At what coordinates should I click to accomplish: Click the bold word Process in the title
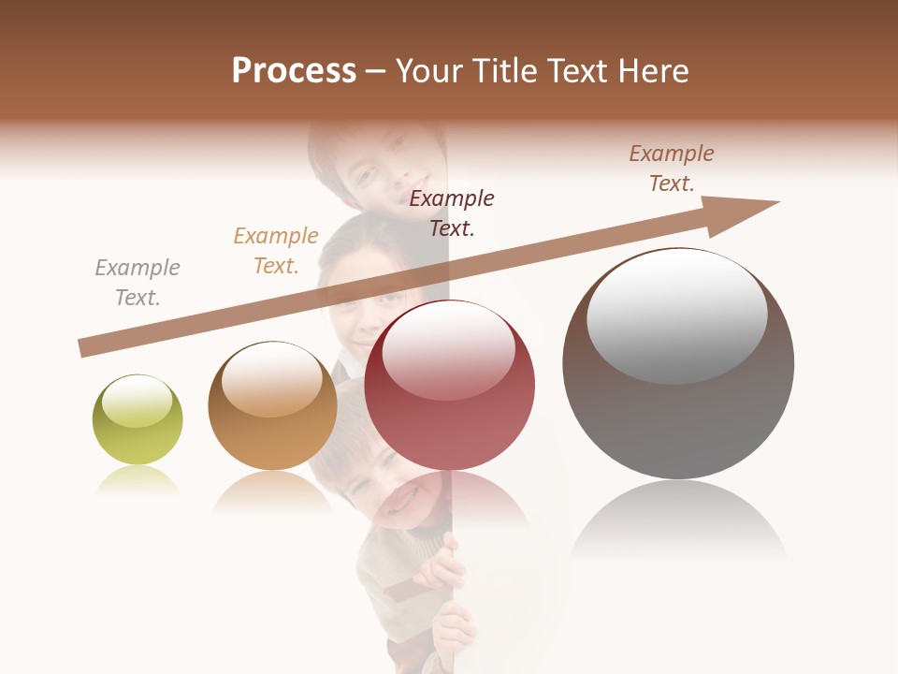pyautogui.click(x=294, y=71)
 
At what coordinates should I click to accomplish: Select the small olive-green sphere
pyautogui.click(x=138, y=419)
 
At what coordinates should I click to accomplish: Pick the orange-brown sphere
pyautogui.click(x=272, y=405)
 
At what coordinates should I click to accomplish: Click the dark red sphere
pyautogui.click(x=449, y=385)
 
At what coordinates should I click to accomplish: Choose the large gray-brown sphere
pyautogui.click(x=678, y=363)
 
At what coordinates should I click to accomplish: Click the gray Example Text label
pyautogui.click(x=138, y=283)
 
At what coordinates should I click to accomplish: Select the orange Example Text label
pyautogui.click(x=276, y=251)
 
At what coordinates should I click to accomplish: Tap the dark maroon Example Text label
pyautogui.click(x=452, y=212)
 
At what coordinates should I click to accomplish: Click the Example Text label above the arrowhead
pyautogui.click(x=672, y=168)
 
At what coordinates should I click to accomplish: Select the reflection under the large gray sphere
pyautogui.click(x=678, y=520)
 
